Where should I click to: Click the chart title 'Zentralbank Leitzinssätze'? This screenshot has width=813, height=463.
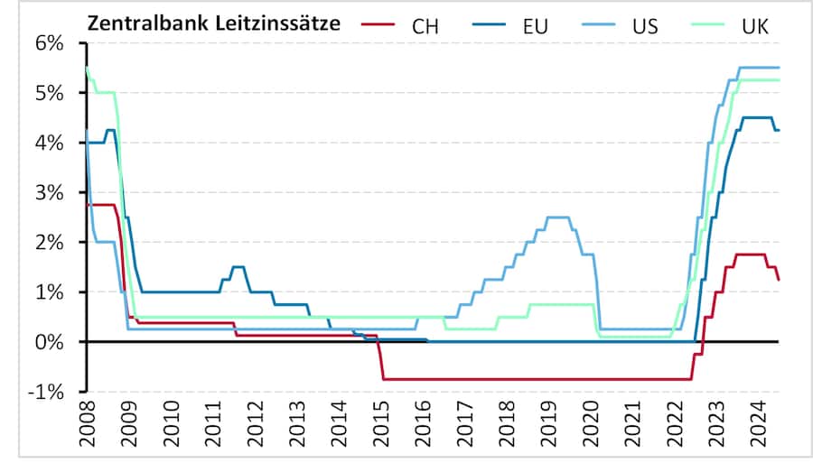[x=213, y=24]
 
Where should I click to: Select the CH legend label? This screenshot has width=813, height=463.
[x=425, y=25]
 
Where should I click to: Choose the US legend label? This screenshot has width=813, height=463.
[x=645, y=25]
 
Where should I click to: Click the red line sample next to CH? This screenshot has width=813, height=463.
[x=378, y=25]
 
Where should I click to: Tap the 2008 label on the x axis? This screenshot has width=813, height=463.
[x=88, y=422]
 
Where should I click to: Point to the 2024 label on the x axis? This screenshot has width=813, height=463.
[x=764, y=422]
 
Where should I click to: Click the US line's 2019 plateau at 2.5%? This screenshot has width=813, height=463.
[x=558, y=217]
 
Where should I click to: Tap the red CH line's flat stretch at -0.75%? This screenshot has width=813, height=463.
[x=533, y=379]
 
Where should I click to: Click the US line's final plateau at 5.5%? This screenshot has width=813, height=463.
[x=759, y=68]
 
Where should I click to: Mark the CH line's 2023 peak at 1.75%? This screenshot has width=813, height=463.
[x=752, y=255]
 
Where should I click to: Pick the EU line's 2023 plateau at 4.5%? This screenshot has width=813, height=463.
[x=756, y=117]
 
